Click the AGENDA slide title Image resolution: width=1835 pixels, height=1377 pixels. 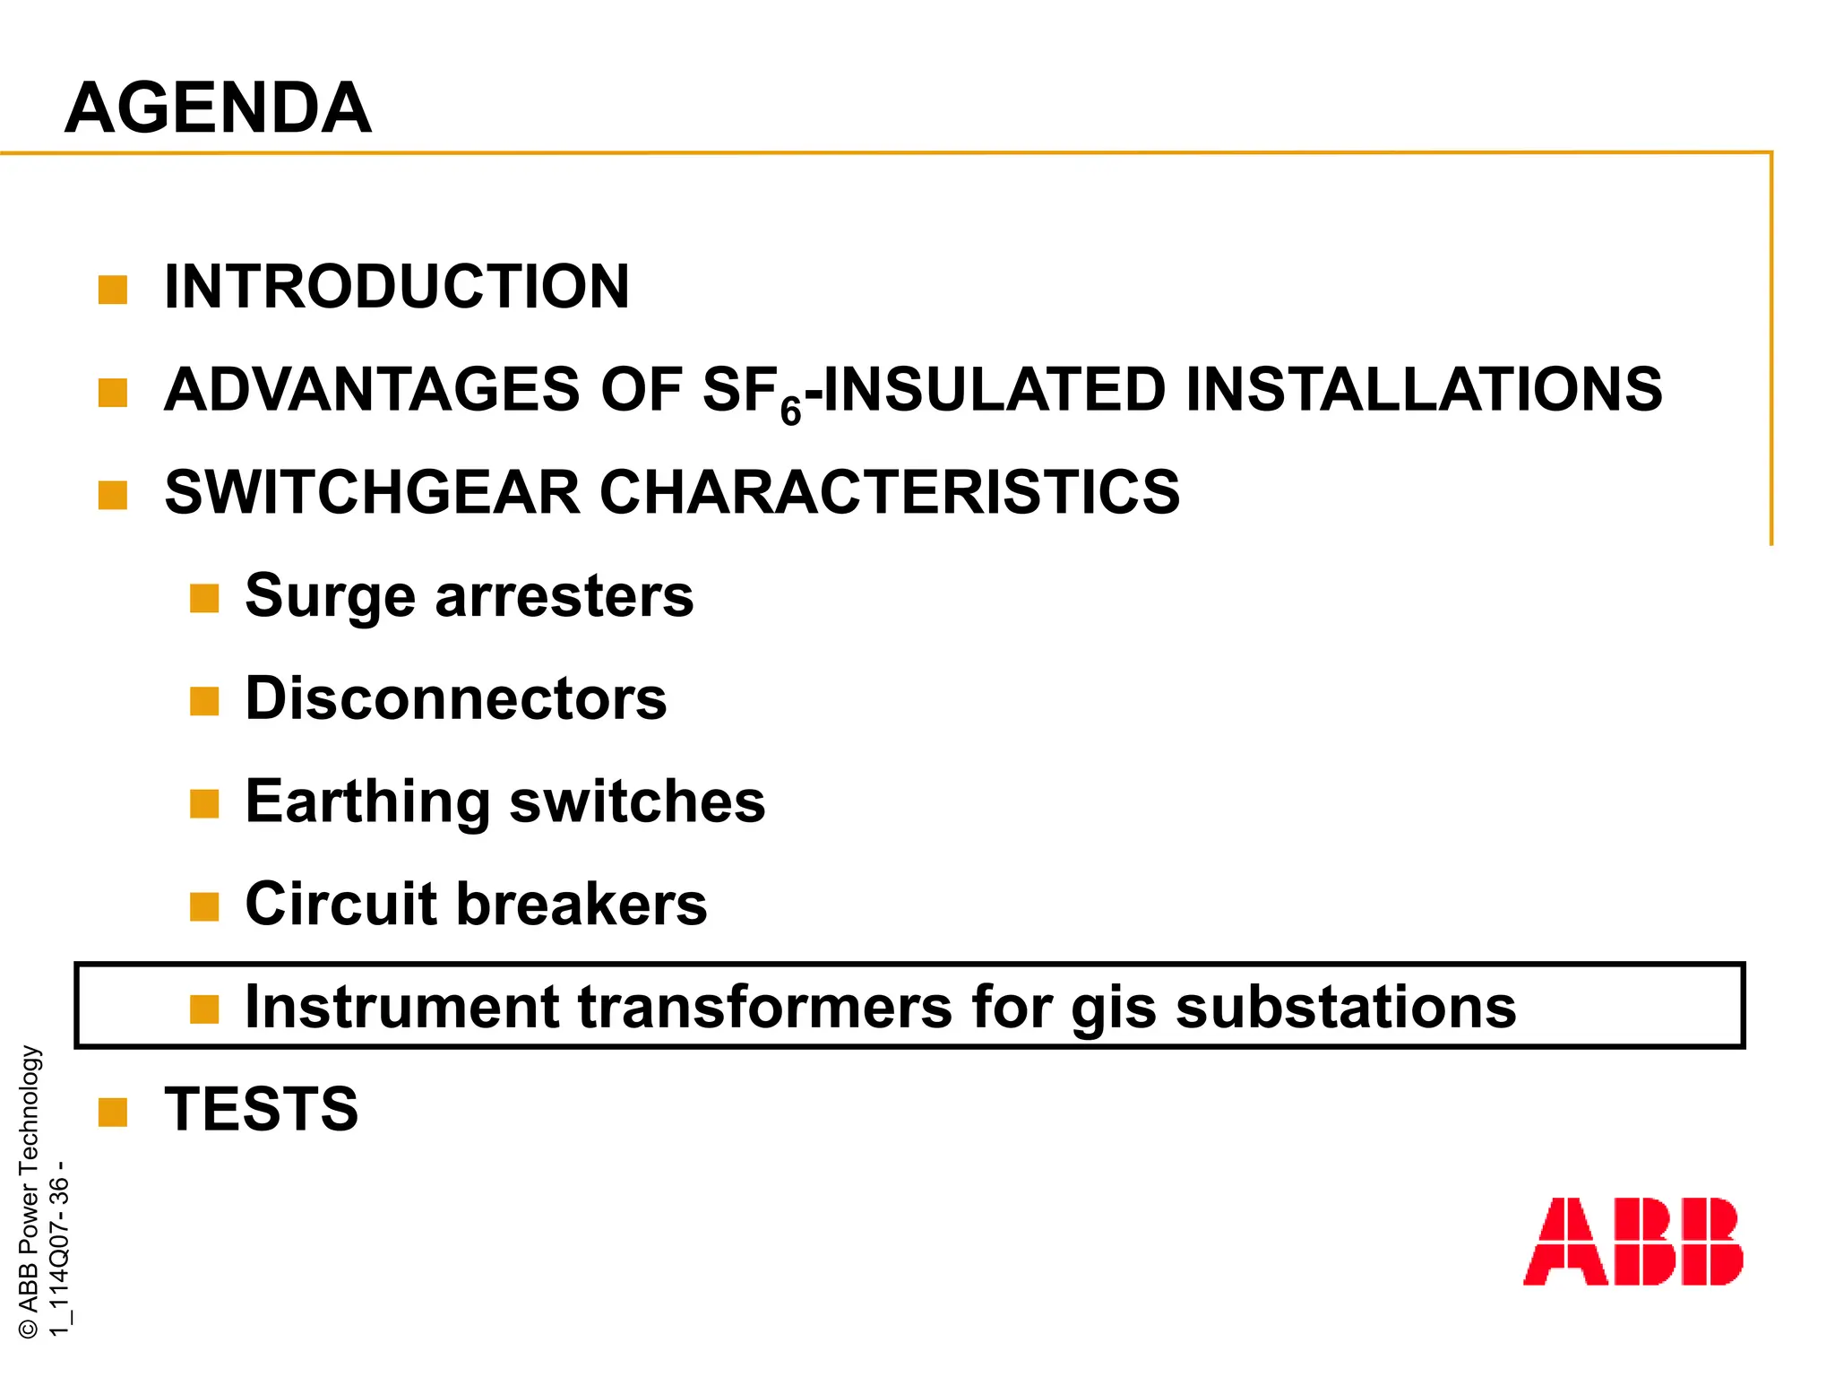tap(218, 108)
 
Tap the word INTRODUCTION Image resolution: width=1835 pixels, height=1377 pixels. tap(397, 287)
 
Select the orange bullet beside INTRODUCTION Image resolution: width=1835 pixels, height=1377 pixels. tap(113, 290)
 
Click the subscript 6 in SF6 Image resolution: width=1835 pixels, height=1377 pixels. tap(790, 411)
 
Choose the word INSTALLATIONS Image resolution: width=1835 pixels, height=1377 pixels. tap(1424, 390)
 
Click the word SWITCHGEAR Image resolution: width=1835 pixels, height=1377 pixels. tap(373, 492)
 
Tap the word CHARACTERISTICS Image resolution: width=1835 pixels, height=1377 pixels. tap(889, 492)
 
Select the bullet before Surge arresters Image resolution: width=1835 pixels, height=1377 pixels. tap(204, 598)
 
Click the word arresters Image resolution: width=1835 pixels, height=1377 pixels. tap(564, 596)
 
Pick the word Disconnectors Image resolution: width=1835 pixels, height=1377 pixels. tap(456, 698)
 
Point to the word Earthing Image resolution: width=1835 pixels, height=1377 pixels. tap(367, 801)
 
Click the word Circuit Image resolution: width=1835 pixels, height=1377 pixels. tap(341, 904)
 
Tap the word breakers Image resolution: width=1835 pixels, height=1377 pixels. tap(582, 904)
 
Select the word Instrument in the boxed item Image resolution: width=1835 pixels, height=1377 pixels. tap(402, 1006)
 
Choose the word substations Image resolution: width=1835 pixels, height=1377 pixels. tap(1346, 1006)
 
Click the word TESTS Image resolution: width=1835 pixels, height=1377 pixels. tap(262, 1109)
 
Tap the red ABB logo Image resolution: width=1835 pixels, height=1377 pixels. tap(1633, 1242)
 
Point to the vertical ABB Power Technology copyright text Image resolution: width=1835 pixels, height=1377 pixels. tap(29, 1191)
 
